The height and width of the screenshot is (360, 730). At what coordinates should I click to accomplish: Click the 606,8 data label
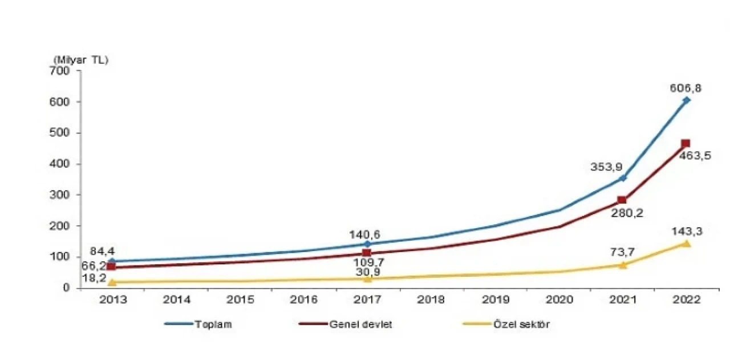[686, 88]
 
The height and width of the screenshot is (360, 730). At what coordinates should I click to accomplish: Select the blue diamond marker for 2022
[686, 100]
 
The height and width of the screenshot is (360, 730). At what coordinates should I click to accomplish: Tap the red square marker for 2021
[622, 200]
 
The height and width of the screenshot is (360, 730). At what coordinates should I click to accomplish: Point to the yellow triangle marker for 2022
[686, 244]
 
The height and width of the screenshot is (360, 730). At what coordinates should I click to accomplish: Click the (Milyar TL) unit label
[80, 59]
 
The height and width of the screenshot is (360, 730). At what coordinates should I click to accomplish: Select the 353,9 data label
[606, 167]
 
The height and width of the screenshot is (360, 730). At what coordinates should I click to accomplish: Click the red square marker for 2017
[367, 253]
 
